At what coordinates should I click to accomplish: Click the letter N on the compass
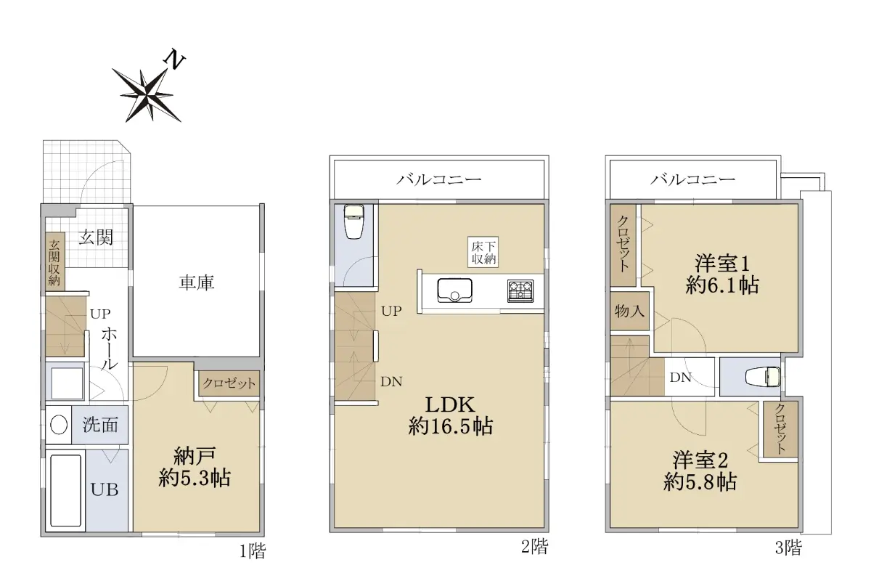[175, 61]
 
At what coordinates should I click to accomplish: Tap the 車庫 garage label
[197, 282]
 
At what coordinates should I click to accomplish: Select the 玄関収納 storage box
[54, 262]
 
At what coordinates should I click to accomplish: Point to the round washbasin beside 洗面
[59, 425]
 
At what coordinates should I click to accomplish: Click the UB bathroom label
[105, 489]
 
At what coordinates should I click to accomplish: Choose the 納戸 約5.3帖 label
[195, 468]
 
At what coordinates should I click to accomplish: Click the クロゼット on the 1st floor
[229, 383]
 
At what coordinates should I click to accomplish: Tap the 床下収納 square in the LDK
[483, 252]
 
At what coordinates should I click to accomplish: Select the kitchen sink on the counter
[454, 290]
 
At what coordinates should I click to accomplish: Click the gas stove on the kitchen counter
[520, 291]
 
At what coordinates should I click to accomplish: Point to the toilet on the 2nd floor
[354, 221]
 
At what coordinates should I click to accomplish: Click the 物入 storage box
[629, 312]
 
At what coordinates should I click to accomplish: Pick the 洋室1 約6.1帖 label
[722, 274]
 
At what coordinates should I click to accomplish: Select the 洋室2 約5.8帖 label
[700, 471]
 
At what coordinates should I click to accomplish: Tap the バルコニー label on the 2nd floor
[439, 179]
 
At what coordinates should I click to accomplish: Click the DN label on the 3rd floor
[681, 378]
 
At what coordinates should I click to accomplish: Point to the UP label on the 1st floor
[100, 314]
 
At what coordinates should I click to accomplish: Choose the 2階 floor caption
[535, 547]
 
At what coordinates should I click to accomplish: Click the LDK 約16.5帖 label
[450, 415]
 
